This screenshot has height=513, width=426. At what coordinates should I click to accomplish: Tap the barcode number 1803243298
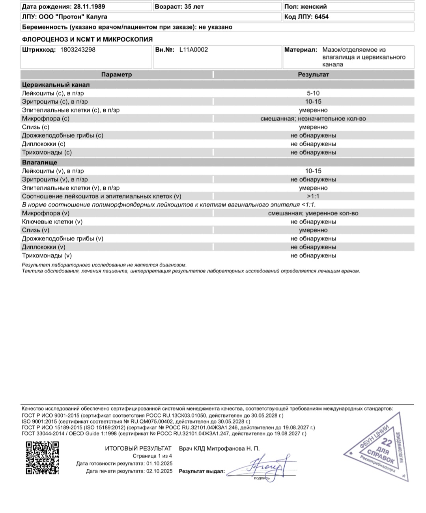[x=78, y=50]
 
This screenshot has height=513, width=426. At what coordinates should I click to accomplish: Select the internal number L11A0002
[x=193, y=50]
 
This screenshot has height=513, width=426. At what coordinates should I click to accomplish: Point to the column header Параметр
[x=116, y=75]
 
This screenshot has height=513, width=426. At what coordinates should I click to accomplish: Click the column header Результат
[x=313, y=75]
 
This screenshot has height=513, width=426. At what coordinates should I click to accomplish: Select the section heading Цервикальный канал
[x=56, y=85]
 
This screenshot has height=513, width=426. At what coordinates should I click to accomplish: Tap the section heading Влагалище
[x=39, y=162]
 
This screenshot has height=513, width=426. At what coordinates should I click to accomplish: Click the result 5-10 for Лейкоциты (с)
[x=313, y=93]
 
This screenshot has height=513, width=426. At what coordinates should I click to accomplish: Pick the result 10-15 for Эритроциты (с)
[x=313, y=102]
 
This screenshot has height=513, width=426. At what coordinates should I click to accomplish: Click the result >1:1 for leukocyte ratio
[x=313, y=196]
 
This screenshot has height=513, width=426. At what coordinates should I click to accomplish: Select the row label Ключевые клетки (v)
[x=52, y=222]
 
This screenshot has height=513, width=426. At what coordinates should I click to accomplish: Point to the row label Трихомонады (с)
[x=47, y=153]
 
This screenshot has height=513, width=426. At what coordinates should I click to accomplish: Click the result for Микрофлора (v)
[x=313, y=213]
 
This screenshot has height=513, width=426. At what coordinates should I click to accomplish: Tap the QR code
[x=43, y=457]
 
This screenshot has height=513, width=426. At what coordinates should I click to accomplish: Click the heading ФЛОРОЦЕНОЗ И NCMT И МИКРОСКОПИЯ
[x=87, y=39]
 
